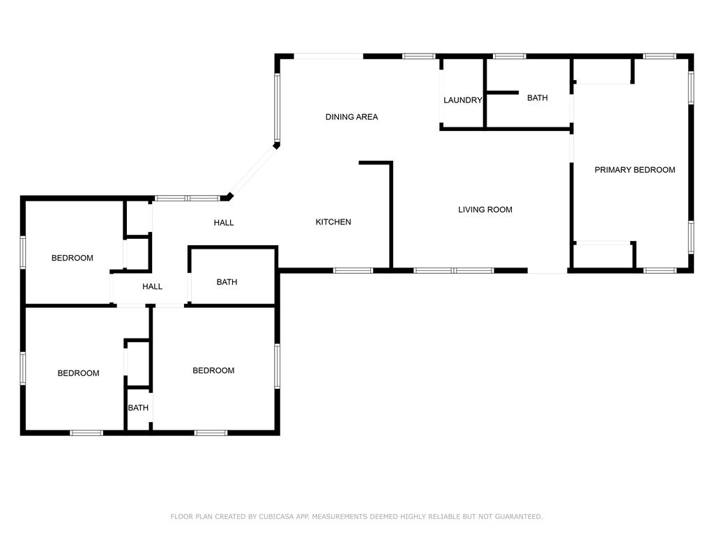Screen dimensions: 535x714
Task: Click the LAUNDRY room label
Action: [462, 100]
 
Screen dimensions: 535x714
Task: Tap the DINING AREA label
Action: [351, 117]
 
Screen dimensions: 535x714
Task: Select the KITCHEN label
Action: [333, 222]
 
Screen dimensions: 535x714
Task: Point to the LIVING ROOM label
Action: [485, 210]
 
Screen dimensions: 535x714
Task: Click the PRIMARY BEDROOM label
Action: [635, 170]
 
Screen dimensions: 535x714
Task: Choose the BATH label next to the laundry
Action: [537, 98]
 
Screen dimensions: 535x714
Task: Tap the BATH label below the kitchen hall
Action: [227, 282]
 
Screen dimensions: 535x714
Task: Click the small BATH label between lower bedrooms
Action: [138, 408]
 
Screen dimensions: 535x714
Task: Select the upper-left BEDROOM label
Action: [72, 258]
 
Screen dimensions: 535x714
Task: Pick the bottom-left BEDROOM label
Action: [78, 373]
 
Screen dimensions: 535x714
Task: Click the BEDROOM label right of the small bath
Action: [213, 371]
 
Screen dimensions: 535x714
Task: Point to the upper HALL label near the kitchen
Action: [224, 223]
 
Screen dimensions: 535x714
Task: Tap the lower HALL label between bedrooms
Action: [152, 286]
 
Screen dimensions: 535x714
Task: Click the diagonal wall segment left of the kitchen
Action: [252, 171]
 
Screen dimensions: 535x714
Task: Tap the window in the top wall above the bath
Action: [510, 56]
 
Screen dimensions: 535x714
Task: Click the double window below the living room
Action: [454, 270]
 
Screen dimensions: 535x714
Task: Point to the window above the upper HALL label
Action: [187, 199]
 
